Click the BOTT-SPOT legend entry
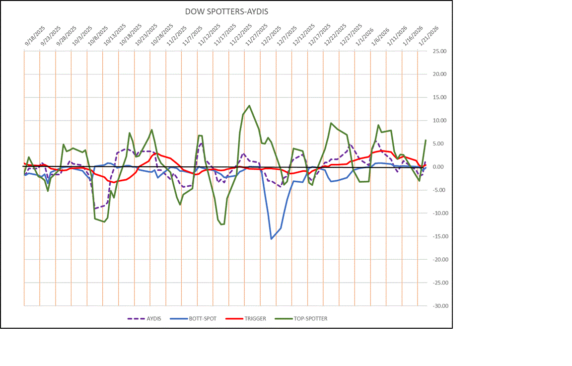203,318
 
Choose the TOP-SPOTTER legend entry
310,318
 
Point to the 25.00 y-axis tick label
440,51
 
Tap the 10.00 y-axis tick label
440,121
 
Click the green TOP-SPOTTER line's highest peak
249,105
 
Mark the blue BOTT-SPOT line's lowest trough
271,239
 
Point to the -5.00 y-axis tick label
440,190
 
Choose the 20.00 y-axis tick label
440,74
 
